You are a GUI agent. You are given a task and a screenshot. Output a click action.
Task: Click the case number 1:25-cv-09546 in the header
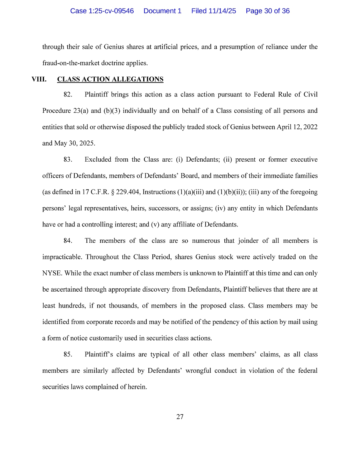coord(102,11)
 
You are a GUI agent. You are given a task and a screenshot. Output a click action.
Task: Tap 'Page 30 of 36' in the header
coord(268,11)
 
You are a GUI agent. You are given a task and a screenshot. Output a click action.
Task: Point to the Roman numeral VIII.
coord(39,79)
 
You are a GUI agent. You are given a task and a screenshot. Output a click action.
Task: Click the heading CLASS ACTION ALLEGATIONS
coord(110,79)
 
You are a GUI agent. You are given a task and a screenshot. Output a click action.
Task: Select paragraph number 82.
coord(68,94)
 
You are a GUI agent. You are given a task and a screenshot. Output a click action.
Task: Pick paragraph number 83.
coord(68,160)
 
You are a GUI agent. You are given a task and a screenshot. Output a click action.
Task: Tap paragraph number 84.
coord(68,241)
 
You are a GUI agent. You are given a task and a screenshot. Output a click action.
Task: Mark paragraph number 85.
coord(68,354)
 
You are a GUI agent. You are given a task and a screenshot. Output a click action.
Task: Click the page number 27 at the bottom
coord(180,417)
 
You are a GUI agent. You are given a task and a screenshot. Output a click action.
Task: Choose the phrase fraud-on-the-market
coord(72,63)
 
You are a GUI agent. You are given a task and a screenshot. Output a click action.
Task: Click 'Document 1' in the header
coord(162,11)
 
